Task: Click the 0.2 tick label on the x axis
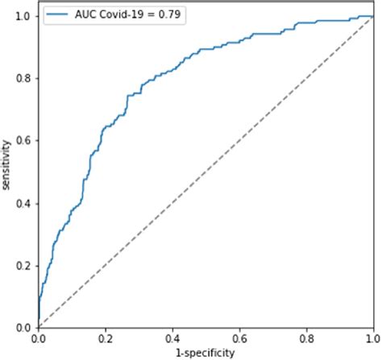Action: coord(105,339)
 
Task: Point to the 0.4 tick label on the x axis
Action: coord(172,339)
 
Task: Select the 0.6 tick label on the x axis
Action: coord(239,339)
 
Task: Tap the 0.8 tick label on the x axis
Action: coord(305,339)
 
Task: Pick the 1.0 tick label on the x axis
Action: coord(372,339)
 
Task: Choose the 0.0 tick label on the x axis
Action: coord(38,339)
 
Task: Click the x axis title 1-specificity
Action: coord(206,353)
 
